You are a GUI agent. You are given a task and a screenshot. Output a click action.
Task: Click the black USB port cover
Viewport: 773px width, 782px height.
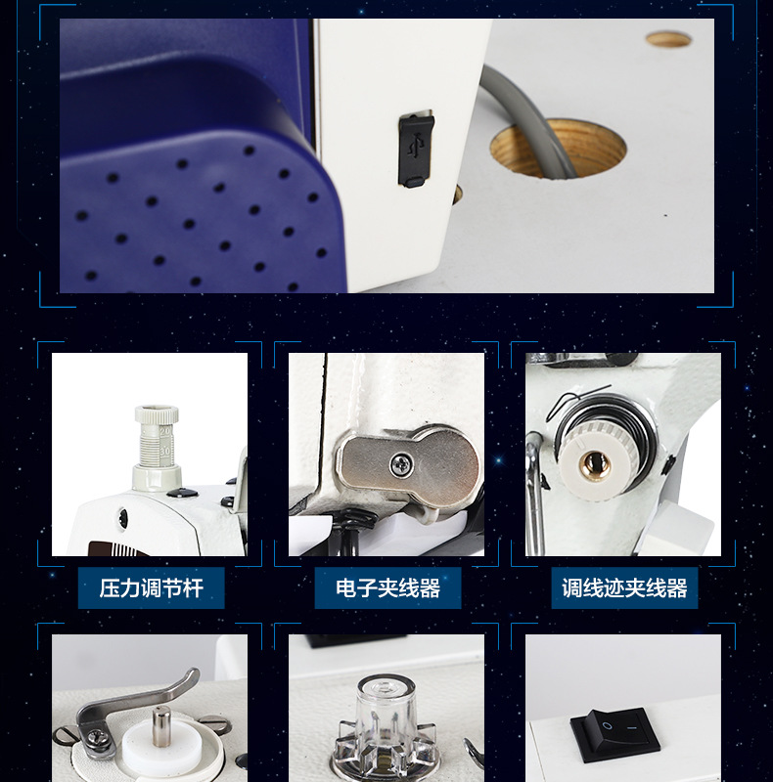tap(416, 151)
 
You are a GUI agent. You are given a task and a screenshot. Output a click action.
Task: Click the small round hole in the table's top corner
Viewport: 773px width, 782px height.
tap(668, 39)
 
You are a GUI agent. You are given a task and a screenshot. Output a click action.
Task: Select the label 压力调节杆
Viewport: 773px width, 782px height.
tap(152, 588)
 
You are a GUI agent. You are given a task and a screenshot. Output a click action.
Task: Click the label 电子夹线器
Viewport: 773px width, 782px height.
tap(388, 588)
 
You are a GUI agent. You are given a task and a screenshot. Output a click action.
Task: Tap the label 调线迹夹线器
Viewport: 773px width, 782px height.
tap(624, 588)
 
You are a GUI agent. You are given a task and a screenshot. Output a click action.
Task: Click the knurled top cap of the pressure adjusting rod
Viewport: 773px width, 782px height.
tap(157, 414)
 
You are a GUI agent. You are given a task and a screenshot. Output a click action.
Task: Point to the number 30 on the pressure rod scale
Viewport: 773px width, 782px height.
tap(164, 452)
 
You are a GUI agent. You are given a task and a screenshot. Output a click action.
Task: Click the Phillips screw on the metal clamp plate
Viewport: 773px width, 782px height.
tap(401, 465)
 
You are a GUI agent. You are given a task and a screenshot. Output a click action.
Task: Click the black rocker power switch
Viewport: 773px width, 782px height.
tap(615, 735)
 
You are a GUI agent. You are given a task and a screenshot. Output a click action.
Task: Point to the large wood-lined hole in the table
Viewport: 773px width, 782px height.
tap(559, 148)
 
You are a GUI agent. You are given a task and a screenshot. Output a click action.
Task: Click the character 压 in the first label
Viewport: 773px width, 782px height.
tap(110, 588)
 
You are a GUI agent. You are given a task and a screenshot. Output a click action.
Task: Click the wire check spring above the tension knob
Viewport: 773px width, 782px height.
tap(579, 397)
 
